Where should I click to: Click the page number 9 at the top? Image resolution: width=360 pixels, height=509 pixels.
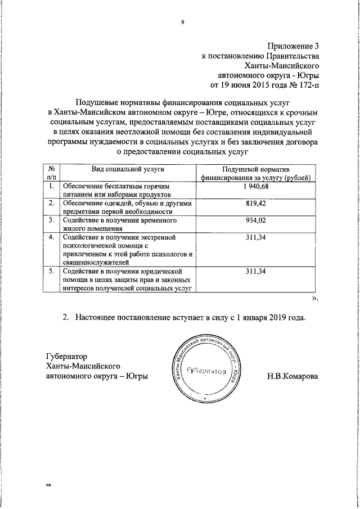point(182,22)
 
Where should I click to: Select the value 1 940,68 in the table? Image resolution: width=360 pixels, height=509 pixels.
point(258,186)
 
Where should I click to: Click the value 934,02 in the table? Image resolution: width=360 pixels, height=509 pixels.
point(258,220)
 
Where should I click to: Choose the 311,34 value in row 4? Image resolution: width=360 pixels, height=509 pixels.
point(258,237)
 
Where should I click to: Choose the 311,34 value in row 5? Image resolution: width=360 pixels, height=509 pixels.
point(258,272)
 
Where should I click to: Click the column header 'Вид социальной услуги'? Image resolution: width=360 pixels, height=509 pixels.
point(124,169)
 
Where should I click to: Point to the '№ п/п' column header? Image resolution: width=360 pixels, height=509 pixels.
point(51,173)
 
